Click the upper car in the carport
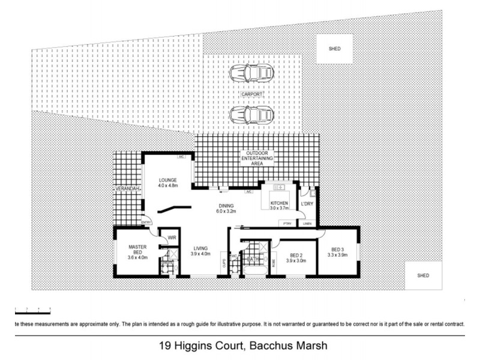pos(251,73)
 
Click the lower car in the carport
pos(251,113)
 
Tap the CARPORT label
pos(252,94)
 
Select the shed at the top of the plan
pos(334,49)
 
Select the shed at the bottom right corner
pos(422,275)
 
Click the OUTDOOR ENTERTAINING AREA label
pos(257,158)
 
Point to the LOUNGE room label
pos(168,182)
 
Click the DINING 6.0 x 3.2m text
pos(226,208)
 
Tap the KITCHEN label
pos(280,206)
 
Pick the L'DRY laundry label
pos(307,204)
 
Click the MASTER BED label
pos(137,250)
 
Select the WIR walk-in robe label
pos(171,237)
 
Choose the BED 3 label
pos(338,253)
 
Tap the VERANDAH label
pos(128,190)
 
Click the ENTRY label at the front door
pos(146,223)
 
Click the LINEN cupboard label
pos(307,223)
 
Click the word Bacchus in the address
pos(268,346)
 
